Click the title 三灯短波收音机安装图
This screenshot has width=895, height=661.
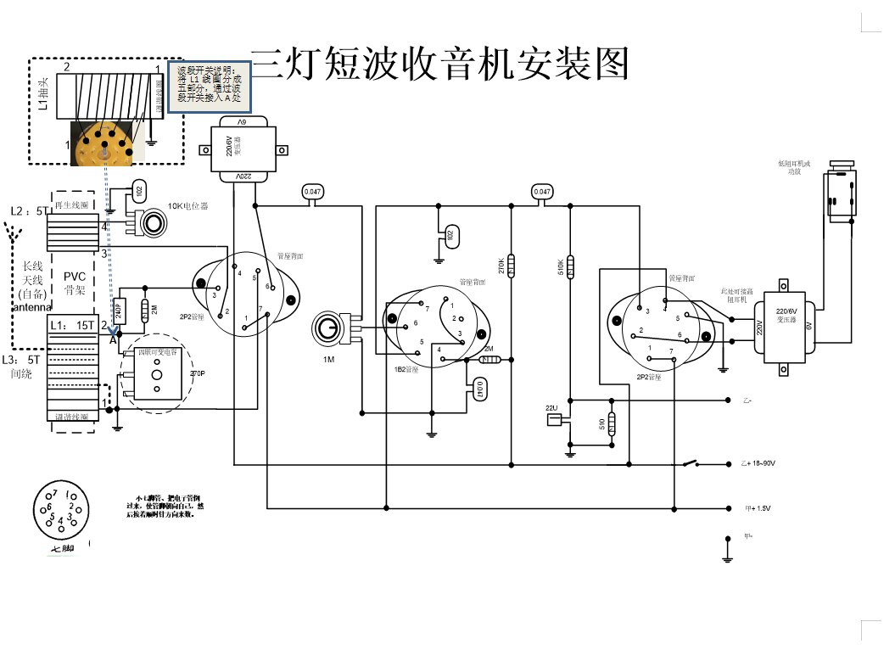pos(440,64)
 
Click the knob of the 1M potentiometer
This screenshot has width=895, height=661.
pos(326,326)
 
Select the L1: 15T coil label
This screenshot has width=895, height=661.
pos(72,325)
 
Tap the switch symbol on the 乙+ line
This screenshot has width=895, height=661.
pos(691,463)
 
